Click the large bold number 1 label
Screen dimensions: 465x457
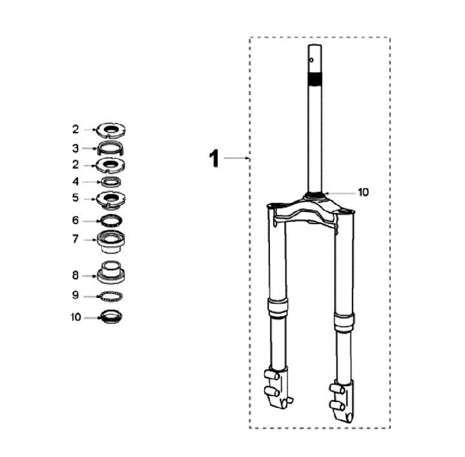[214, 158]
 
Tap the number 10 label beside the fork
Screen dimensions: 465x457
[363, 192]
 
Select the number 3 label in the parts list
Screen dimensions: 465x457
[76, 148]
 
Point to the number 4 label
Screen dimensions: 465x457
[76, 182]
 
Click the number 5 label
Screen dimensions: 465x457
[76, 198]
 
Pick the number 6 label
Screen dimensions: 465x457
[76, 220]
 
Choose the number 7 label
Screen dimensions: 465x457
[76, 239]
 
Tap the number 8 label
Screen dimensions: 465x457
[76, 275]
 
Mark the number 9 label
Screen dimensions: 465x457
[76, 295]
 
